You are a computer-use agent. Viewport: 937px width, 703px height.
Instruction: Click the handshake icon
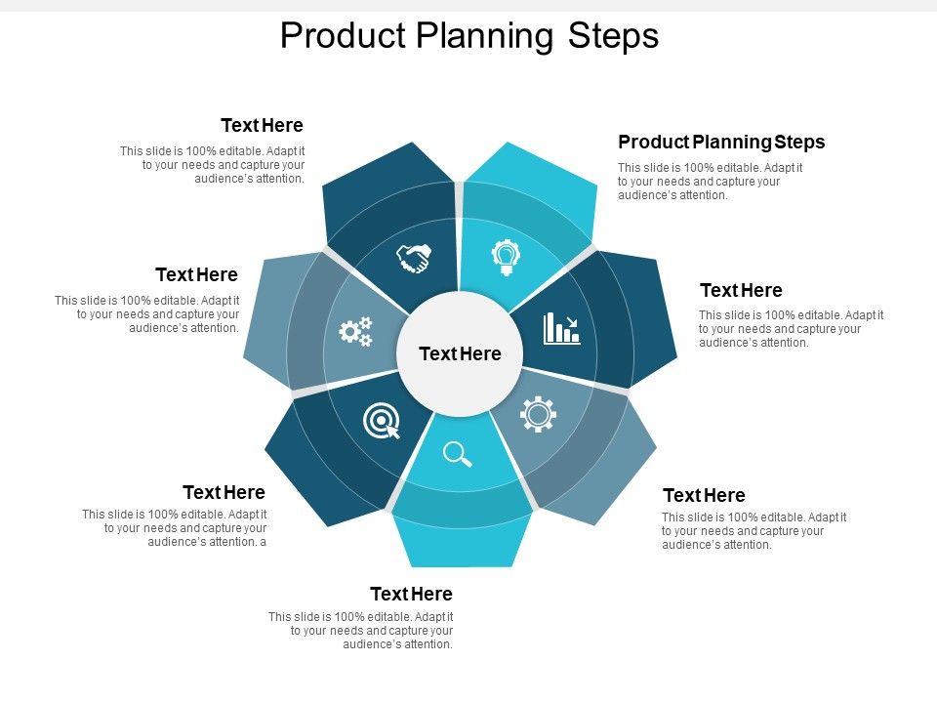coord(414,258)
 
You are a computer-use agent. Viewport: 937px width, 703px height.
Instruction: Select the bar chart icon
coord(561,328)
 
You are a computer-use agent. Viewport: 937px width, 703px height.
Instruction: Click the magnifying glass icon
coord(457,454)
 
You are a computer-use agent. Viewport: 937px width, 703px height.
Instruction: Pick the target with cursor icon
coord(382,422)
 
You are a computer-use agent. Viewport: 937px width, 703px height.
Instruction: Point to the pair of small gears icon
coord(355,331)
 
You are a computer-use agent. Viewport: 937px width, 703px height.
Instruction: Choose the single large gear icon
coord(538,414)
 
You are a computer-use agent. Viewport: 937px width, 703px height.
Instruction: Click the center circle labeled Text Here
coord(460,353)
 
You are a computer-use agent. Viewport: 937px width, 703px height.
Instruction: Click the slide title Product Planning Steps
coord(469,36)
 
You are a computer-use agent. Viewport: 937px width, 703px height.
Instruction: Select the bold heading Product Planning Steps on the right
coord(721,142)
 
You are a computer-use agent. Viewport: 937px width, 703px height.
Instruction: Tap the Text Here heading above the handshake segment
coord(262,125)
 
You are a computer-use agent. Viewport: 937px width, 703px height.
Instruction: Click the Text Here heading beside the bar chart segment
coord(741,290)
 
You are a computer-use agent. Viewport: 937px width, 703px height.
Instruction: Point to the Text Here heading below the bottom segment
coord(411,594)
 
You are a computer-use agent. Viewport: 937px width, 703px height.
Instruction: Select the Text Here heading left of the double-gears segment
coord(196,274)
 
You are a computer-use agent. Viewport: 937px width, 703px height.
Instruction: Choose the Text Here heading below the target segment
coord(224,492)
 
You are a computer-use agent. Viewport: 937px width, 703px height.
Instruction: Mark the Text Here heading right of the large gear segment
coord(704,495)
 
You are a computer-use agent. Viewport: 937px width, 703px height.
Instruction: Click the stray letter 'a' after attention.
coord(263,542)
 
